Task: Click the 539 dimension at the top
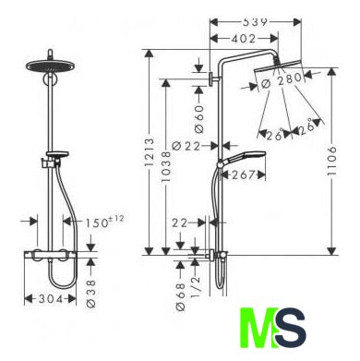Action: tap(256, 22)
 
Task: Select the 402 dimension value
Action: tap(243, 39)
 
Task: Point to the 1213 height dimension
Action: tap(149, 152)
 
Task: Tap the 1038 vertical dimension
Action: tap(166, 166)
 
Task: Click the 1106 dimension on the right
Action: tap(331, 162)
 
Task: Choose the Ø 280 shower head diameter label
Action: tap(282, 80)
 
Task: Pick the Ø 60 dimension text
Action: tap(199, 119)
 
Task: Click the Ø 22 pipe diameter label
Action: tap(186, 145)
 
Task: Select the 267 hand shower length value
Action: tap(244, 174)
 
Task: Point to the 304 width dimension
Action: tap(51, 298)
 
